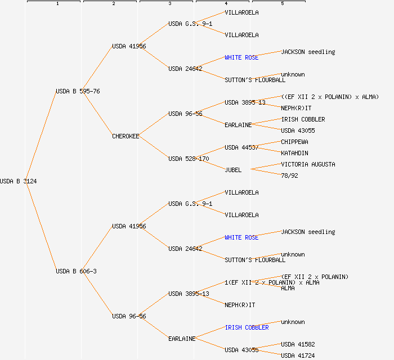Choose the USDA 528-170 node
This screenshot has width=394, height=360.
(189, 159)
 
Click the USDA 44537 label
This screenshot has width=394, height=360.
(241, 147)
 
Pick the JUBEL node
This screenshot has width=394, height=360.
(233, 170)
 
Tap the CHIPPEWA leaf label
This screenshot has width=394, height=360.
(294, 142)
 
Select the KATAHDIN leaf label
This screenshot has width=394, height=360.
(294, 153)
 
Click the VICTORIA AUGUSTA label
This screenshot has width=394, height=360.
(308, 164)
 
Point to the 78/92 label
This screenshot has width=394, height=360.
(289, 175)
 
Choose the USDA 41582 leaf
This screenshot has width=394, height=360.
(298, 344)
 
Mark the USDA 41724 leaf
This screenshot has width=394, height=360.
(298, 355)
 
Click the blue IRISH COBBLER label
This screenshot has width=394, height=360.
(247, 327)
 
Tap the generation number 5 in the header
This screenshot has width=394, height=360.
(283, 4)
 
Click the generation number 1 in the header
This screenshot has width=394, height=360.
(57, 4)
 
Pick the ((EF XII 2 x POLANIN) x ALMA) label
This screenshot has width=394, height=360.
(330, 97)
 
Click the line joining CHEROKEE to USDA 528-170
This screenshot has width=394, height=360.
(154, 147)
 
